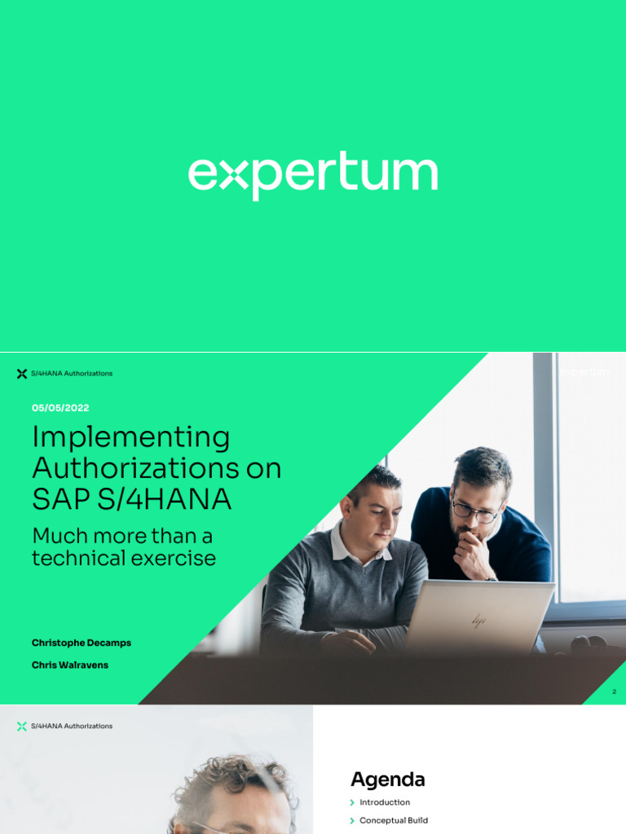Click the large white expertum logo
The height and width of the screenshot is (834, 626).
[x=313, y=175]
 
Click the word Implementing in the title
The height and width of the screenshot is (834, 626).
[x=130, y=438]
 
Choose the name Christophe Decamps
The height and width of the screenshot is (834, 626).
[x=82, y=643]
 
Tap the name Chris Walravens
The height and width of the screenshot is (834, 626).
[x=70, y=665]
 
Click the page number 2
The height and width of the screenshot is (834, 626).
[x=614, y=691]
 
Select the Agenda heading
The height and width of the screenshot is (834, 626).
[x=388, y=779]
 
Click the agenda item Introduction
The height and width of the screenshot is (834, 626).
[x=385, y=802]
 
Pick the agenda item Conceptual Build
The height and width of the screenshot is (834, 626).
[x=394, y=820]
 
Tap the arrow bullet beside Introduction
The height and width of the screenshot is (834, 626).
[x=352, y=802]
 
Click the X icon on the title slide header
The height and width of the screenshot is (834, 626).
[x=22, y=374]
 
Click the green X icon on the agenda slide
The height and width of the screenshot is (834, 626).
[x=22, y=726]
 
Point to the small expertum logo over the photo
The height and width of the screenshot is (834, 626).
[x=584, y=372]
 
